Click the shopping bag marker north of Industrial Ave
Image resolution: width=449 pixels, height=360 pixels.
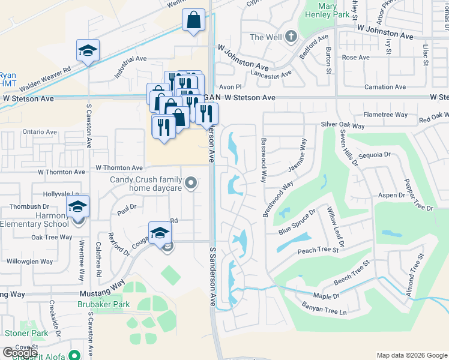[194, 20]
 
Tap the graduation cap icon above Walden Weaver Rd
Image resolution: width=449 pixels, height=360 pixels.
[88, 51]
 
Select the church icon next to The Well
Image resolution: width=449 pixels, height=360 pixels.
[291, 37]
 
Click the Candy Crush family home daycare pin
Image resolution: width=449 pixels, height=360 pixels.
[191, 182]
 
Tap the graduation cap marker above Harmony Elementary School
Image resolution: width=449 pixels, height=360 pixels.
[77, 206]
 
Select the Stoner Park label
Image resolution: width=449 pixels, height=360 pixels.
[26, 332]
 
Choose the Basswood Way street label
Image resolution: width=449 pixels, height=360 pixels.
[263, 161]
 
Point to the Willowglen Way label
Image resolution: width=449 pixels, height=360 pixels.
[30, 262]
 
